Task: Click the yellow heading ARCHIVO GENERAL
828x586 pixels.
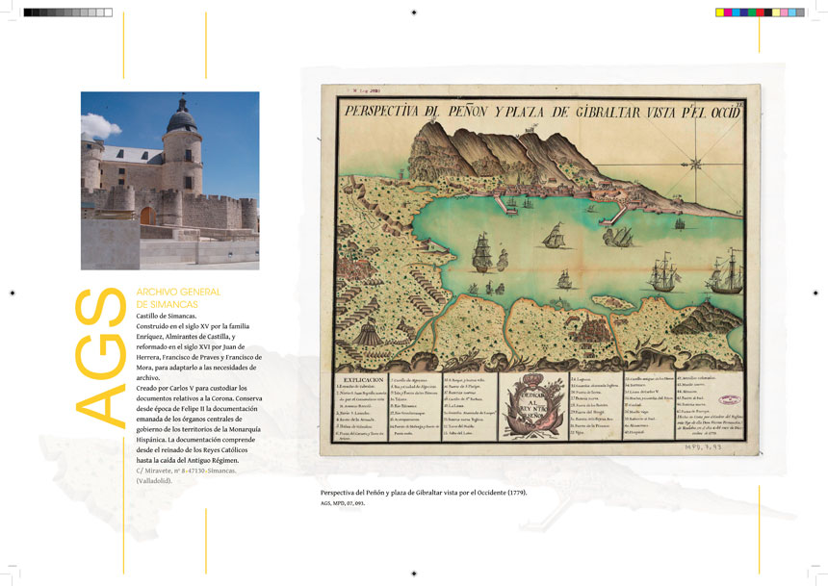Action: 179,292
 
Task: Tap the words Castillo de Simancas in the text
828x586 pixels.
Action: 167,316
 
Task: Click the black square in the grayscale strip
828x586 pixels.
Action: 28,13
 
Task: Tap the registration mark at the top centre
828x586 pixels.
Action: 414,13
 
